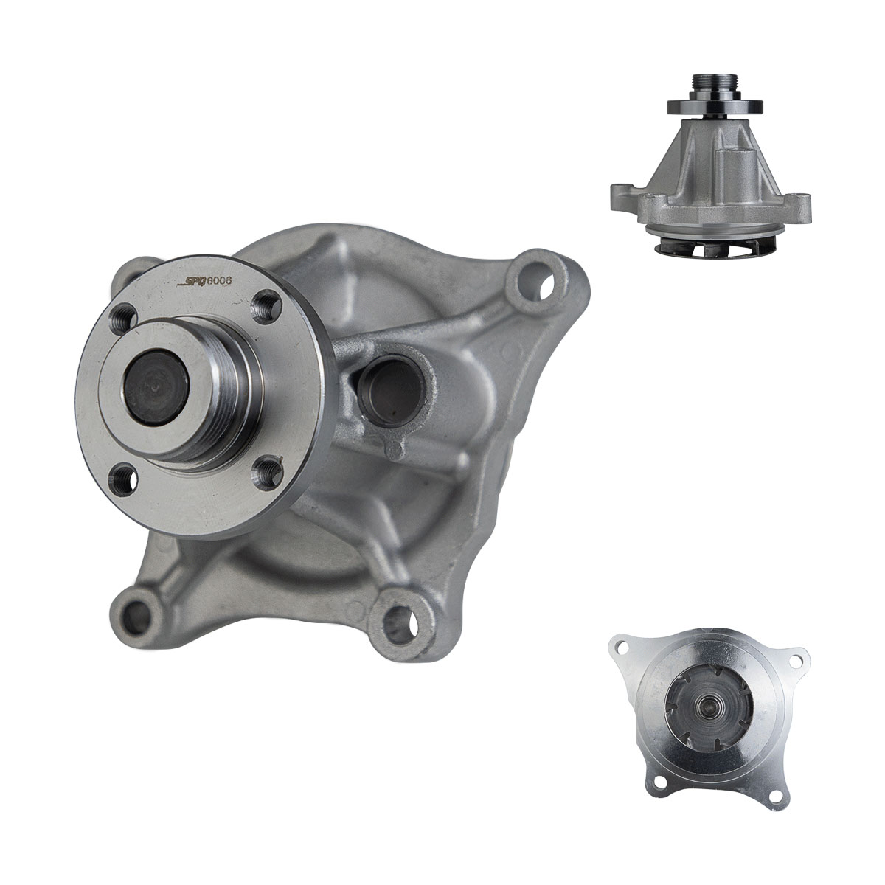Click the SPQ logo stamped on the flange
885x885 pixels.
192,282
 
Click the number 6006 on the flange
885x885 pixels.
220,280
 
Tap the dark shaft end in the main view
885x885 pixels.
156,387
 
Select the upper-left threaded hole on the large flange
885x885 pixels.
125,318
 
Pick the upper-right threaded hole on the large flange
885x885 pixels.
268,307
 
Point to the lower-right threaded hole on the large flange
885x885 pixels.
268,473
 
